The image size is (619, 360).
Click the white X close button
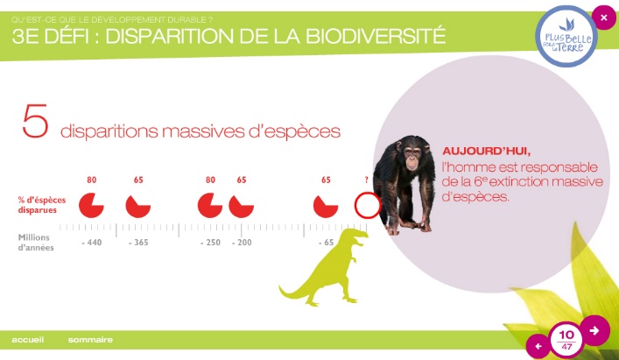(603, 18)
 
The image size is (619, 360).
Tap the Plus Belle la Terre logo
(566, 37)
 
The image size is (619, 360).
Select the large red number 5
(35, 121)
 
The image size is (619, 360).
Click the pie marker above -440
(91, 205)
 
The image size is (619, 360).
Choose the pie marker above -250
(210, 205)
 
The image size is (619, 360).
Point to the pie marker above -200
(241, 207)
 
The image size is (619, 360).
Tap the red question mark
(366, 180)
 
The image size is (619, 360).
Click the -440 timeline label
(92, 243)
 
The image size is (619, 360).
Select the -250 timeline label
(210, 243)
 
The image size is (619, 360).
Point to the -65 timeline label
(326, 243)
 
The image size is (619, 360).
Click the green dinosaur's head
(358, 236)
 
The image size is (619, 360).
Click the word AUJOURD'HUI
(487, 152)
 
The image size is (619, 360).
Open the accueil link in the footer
(28, 340)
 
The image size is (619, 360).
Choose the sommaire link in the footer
(90, 340)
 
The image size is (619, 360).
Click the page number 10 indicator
(566, 335)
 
